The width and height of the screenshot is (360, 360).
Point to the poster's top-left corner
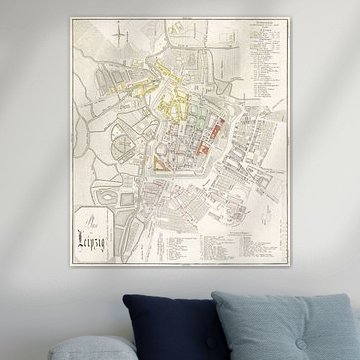pyautogui.click(x=70, y=17)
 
